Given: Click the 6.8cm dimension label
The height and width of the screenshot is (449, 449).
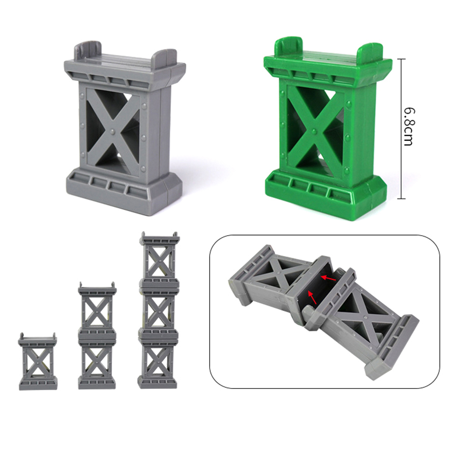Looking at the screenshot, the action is [x=408, y=126].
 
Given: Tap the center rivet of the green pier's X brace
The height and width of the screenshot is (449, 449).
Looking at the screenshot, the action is [x=315, y=131].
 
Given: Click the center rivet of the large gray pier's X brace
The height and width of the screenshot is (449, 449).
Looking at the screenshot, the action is [x=112, y=131].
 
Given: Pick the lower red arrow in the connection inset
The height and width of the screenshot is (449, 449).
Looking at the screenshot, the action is [x=312, y=297].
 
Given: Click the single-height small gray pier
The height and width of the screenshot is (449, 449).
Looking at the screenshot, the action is [x=38, y=361].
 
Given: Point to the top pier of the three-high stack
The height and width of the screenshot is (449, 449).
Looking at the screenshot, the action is [x=160, y=258].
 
